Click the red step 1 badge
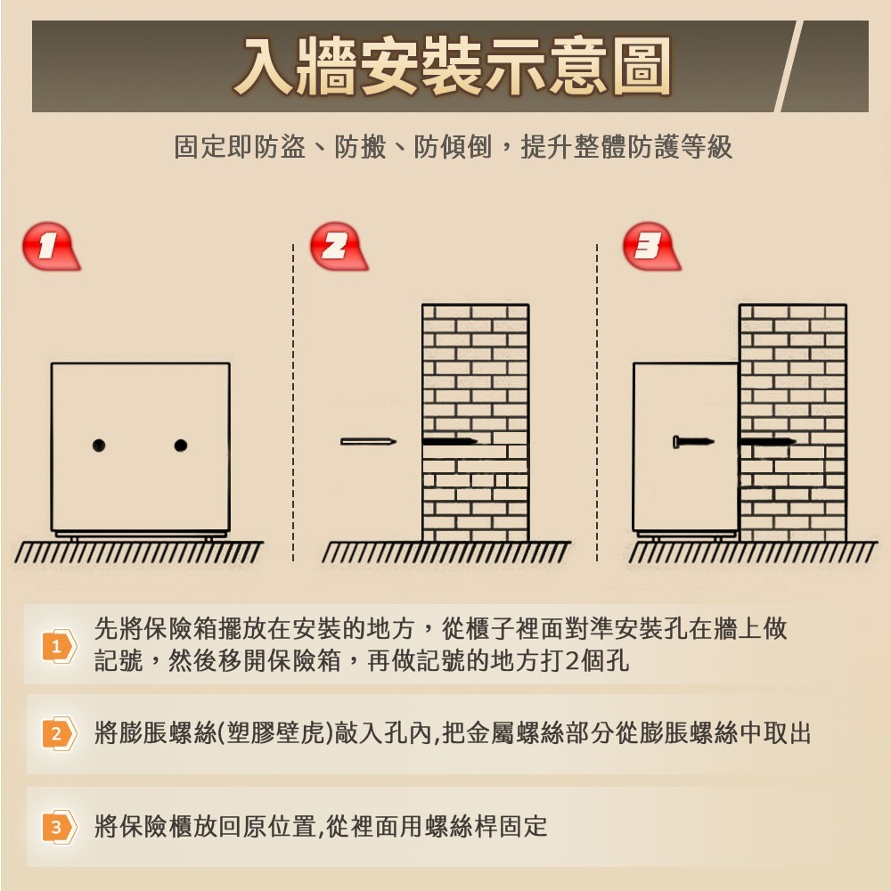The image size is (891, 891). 51,246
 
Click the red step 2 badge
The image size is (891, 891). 338,246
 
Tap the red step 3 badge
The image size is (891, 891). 651,246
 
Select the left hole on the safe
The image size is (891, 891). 99,445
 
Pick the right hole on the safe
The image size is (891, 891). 181,445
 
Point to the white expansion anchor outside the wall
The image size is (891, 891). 368,442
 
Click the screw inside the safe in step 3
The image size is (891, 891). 693,442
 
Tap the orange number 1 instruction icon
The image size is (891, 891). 59,646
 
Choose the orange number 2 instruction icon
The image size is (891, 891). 59,733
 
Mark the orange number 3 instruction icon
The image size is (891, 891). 59,827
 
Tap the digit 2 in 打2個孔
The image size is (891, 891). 573,661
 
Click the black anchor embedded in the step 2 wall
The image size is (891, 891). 450,442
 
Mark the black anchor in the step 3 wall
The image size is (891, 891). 768,442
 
